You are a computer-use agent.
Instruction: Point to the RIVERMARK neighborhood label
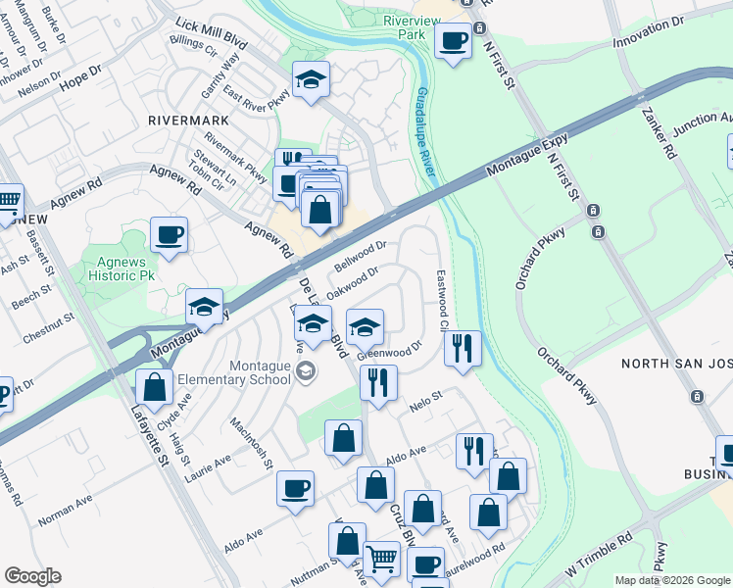click(188, 120)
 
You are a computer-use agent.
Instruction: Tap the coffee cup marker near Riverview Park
click(453, 40)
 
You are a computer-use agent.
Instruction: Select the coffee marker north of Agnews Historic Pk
click(169, 235)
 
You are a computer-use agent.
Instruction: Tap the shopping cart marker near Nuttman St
click(381, 560)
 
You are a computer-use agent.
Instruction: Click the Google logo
click(32, 576)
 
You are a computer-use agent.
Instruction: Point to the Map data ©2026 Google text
click(672, 580)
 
